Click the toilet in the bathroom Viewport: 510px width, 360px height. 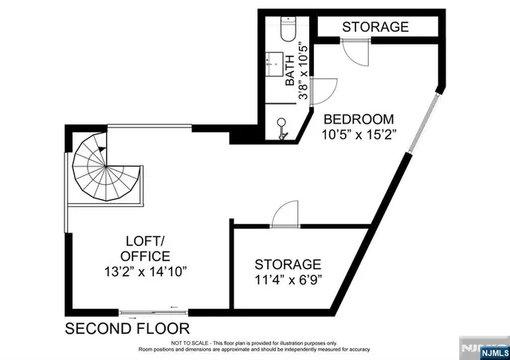point(288,29)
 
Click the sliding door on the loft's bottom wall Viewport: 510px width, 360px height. point(154,311)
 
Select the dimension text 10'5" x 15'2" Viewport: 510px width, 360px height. point(359,134)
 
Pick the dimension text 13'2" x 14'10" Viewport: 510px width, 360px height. point(145,272)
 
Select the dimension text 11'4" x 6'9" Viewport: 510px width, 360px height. point(288,280)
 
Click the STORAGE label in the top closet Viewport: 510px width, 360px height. point(375,27)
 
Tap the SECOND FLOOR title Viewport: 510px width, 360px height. point(127,328)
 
